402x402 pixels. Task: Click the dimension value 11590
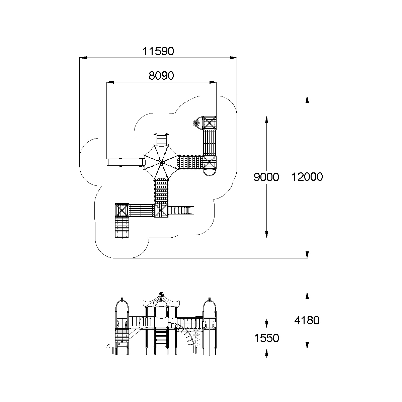pyautogui.click(x=158, y=52)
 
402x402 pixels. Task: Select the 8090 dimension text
pyautogui.click(x=161, y=76)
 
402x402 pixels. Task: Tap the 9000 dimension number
pyautogui.click(x=266, y=177)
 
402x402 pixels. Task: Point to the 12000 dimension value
pyautogui.click(x=307, y=177)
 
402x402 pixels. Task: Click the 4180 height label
pyautogui.click(x=307, y=320)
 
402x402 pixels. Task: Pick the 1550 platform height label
pyautogui.click(x=266, y=338)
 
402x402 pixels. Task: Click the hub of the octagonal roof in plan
pyautogui.click(x=161, y=162)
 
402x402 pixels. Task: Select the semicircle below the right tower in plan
pyautogui.click(x=210, y=172)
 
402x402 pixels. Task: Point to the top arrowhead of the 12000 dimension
pyautogui.click(x=307, y=99)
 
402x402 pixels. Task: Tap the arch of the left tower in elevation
pyautogui.click(x=122, y=306)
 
